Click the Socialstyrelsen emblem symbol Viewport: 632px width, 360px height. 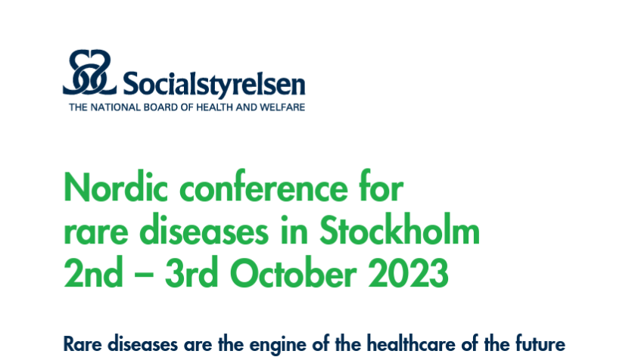[x=89, y=73]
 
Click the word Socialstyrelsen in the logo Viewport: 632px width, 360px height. [x=213, y=85]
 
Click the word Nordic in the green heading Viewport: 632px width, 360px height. [x=116, y=188]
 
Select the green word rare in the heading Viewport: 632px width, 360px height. [x=96, y=233]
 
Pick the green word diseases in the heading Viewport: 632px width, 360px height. [x=204, y=231]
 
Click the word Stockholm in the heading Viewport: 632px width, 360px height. [x=400, y=229]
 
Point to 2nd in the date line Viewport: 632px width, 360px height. [x=93, y=272]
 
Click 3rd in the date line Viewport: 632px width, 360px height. [x=191, y=272]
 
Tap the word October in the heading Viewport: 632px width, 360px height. [x=293, y=272]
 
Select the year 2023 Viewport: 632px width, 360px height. [x=408, y=272]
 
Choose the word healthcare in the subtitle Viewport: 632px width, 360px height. [x=412, y=344]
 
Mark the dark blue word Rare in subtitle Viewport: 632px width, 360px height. [x=83, y=344]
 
